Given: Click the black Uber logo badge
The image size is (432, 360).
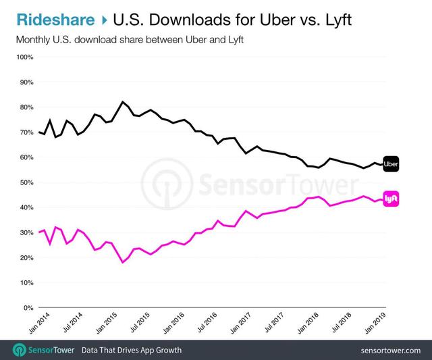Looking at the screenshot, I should [x=391, y=163].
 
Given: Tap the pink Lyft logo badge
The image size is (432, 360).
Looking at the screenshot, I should [x=391, y=199].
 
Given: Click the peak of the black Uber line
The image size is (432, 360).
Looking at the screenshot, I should [x=122, y=101].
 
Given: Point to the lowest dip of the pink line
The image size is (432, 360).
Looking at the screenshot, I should [x=122, y=262].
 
